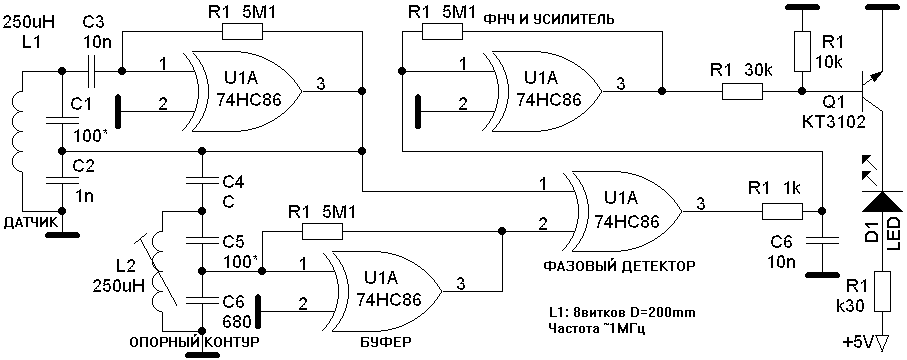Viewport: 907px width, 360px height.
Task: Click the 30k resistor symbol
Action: pos(742,91)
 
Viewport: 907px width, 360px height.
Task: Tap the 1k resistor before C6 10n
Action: pos(781,211)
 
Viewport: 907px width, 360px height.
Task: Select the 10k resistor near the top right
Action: pos(802,51)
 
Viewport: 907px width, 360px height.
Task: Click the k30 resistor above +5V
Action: pos(881,291)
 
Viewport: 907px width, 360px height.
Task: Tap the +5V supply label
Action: pos(859,344)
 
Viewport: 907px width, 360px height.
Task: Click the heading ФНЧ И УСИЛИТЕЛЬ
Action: pos(548,21)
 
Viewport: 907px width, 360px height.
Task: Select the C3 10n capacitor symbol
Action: pos(92,71)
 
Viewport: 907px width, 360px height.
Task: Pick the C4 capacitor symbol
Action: pos(202,182)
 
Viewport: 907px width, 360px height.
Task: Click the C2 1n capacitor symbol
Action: pos(61,179)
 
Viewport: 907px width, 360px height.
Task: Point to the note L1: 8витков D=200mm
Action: pos(622,313)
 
